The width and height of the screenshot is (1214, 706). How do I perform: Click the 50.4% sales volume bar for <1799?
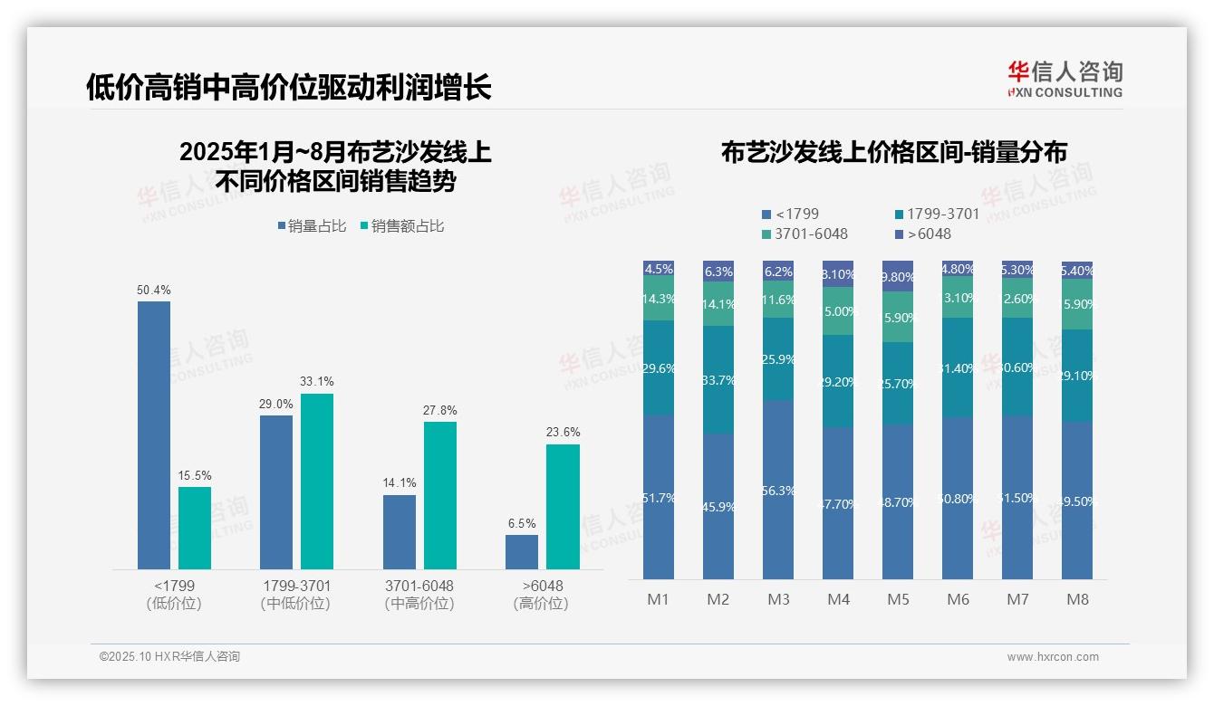[x=154, y=434]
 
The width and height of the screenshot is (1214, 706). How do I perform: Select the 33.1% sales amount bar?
[x=317, y=481]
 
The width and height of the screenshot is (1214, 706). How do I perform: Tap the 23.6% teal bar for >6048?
[x=563, y=506]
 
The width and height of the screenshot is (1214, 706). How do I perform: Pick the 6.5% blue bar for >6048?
[x=522, y=551]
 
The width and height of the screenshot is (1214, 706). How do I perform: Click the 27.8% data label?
[x=439, y=410]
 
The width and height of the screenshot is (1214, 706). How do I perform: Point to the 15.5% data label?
[x=194, y=475]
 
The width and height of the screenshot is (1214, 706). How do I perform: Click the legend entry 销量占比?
[x=312, y=226]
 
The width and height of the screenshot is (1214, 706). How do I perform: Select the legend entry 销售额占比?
[x=402, y=226]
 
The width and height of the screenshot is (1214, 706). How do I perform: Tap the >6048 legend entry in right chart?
[x=923, y=234]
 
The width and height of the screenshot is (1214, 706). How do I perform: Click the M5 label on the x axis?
[x=898, y=599]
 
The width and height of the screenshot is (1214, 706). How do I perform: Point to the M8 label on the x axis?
[x=1077, y=599]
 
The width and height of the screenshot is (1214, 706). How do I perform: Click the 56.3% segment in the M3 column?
[x=778, y=490]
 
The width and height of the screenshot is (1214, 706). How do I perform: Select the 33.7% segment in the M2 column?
[x=718, y=379]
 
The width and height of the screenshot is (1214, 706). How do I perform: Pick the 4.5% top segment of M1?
[x=659, y=269]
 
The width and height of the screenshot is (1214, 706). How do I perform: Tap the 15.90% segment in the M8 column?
[x=1077, y=304]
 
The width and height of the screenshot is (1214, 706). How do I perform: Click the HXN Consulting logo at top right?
[x=1065, y=79]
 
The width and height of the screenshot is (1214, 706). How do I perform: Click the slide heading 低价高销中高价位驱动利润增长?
[x=289, y=87]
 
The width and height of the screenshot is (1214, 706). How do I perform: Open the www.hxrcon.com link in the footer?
[x=1052, y=657]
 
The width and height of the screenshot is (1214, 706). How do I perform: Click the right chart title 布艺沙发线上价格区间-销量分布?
[x=893, y=152]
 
